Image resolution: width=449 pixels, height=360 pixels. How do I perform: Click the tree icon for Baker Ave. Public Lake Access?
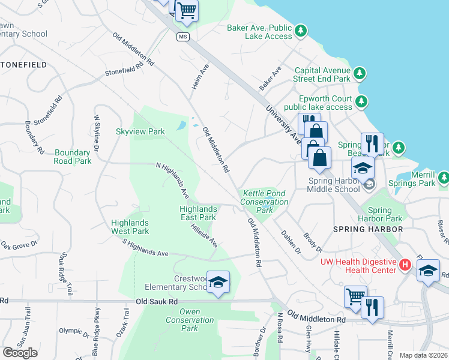pos(301,30)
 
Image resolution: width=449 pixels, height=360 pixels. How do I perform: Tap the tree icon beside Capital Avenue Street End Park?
pos(359,73)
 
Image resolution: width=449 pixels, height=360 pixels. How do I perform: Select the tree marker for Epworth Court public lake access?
pos(361,101)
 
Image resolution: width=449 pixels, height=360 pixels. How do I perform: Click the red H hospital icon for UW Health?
pos(405,265)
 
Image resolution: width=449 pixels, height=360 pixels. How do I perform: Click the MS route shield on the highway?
pos(183,37)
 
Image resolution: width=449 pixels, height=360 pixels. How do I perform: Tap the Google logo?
pos(20,353)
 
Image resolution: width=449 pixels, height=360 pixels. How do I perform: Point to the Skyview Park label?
pos(140,131)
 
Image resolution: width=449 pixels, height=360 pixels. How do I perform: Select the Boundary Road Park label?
pos(73,157)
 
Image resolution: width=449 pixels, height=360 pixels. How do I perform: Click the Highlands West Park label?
pos(130,226)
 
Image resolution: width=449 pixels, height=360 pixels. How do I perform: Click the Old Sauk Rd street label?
pos(158,302)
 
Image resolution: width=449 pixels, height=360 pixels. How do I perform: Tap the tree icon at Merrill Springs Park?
pos(443,178)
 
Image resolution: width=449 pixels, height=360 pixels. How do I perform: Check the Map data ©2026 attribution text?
pos(423,355)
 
